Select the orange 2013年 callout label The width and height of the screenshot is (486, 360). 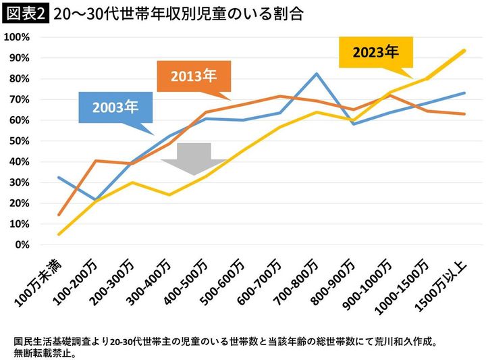tap(193, 75)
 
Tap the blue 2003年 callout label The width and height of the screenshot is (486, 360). tap(115, 107)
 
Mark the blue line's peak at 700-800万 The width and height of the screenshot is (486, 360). tap(316, 74)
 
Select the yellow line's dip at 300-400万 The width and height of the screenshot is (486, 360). tap(169, 195)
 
